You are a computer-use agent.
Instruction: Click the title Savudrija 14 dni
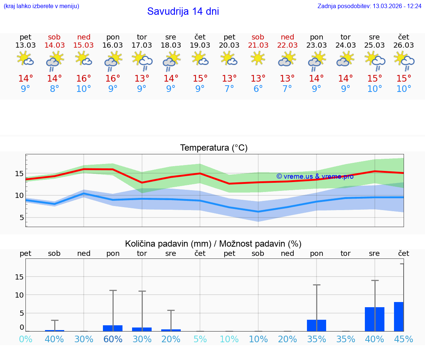pyautogui.click(x=183, y=11)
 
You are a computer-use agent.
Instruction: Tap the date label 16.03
pyautogui.click(x=113, y=45)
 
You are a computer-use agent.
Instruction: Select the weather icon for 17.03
pyautogui.click(x=142, y=60)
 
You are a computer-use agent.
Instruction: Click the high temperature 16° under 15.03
pyautogui.click(x=84, y=79)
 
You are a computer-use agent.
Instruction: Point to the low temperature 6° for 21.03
pyautogui.click(x=258, y=89)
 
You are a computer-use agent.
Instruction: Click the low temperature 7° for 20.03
pyautogui.click(x=229, y=89)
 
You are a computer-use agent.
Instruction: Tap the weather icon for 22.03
pyautogui.click(x=287, y=59)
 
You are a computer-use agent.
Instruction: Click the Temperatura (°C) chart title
pyautogui.click(x=214, y=148)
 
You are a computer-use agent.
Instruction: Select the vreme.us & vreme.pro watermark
pyautogui.click(x=315, y=176)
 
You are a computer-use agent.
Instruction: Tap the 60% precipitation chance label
pyautogui.click(x=113, y=339)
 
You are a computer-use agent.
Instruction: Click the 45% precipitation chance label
pyautogui.click(x=404, y=339)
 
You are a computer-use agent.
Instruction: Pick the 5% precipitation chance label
pyautogui.click(x=200, y=339)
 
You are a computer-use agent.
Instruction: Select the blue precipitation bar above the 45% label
pyautogui.click(x=398, y=316)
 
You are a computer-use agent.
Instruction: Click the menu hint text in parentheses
pyautogui.click(x=41, y=6)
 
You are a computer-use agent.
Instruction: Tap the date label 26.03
pyautogui.click(x=404, y=45)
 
